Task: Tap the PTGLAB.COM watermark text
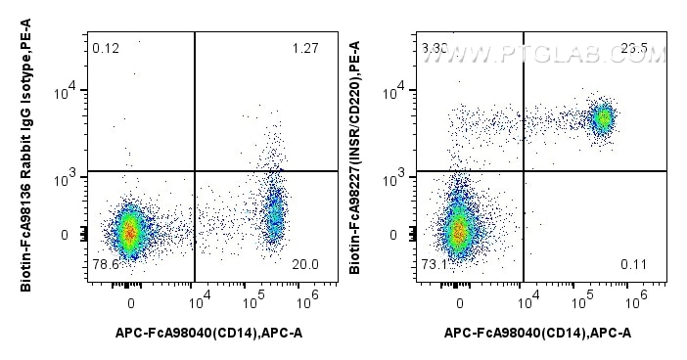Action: [548, 56]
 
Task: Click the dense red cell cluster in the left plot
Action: [130, 232]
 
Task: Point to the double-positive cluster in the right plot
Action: [603, 118]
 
